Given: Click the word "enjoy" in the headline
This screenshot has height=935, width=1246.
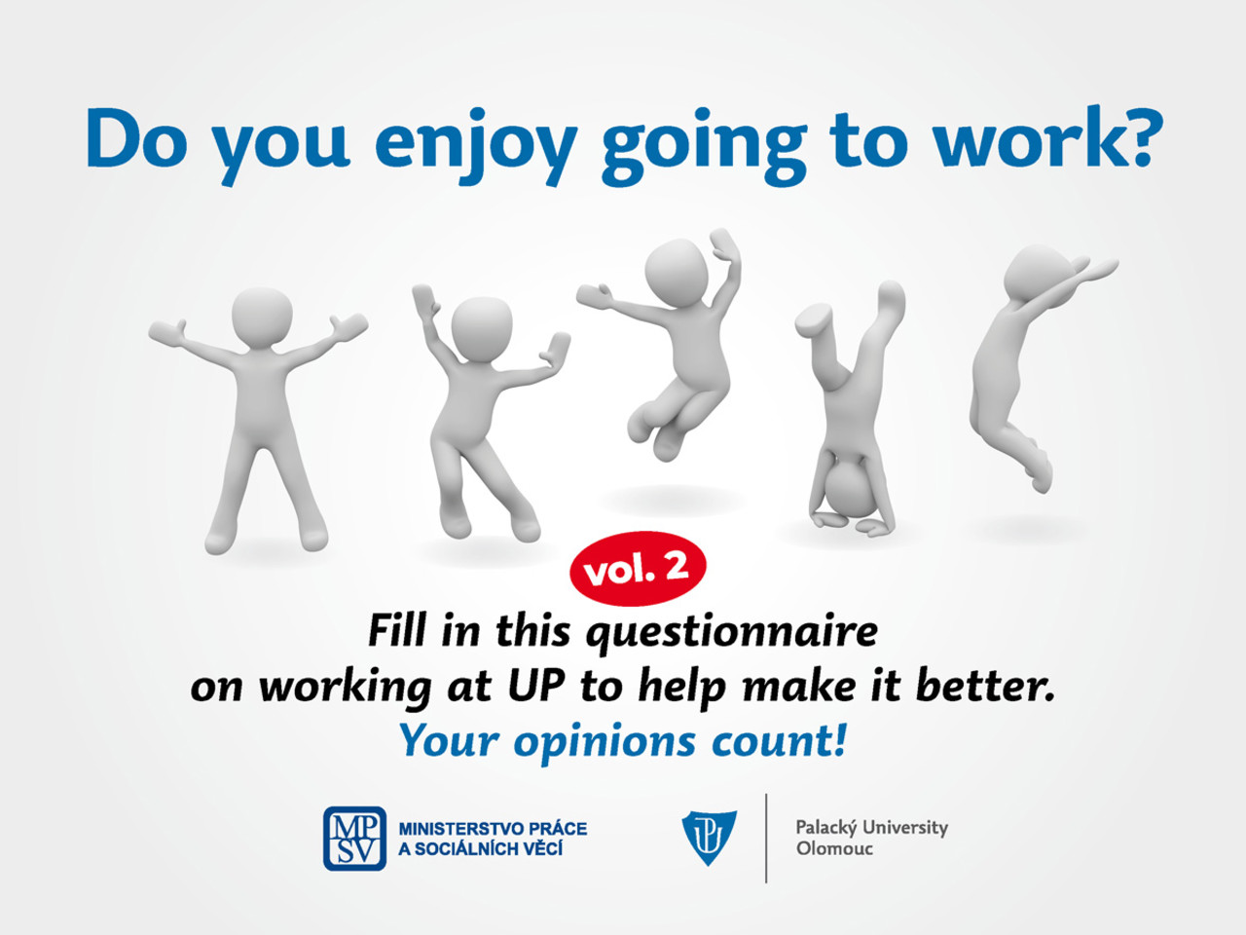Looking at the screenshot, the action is point(476,145).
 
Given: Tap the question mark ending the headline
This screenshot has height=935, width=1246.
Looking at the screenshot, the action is point(1139,136).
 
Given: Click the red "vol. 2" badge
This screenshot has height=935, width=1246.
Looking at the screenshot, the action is point(638,568).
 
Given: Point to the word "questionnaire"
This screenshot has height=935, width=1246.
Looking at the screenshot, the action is point(732,633).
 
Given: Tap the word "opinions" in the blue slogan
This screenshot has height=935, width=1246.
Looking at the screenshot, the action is point(604,741).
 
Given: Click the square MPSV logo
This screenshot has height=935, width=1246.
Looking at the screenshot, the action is point(354,839).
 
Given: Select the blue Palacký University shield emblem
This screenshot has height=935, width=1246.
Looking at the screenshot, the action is point(709,837).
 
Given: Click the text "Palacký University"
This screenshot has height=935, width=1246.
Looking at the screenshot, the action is point(871,828).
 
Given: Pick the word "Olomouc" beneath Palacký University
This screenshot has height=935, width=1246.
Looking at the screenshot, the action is point(834,848).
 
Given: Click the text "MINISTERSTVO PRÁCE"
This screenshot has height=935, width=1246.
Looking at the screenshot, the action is point(493,829).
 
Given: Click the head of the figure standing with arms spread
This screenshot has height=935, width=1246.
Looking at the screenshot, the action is point(262,317).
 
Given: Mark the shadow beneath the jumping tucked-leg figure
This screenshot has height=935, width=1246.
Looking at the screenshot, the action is point(672,501).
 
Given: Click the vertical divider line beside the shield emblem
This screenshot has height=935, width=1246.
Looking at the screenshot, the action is point(766,838).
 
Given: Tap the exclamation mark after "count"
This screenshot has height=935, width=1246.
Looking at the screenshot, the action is point(840,739).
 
